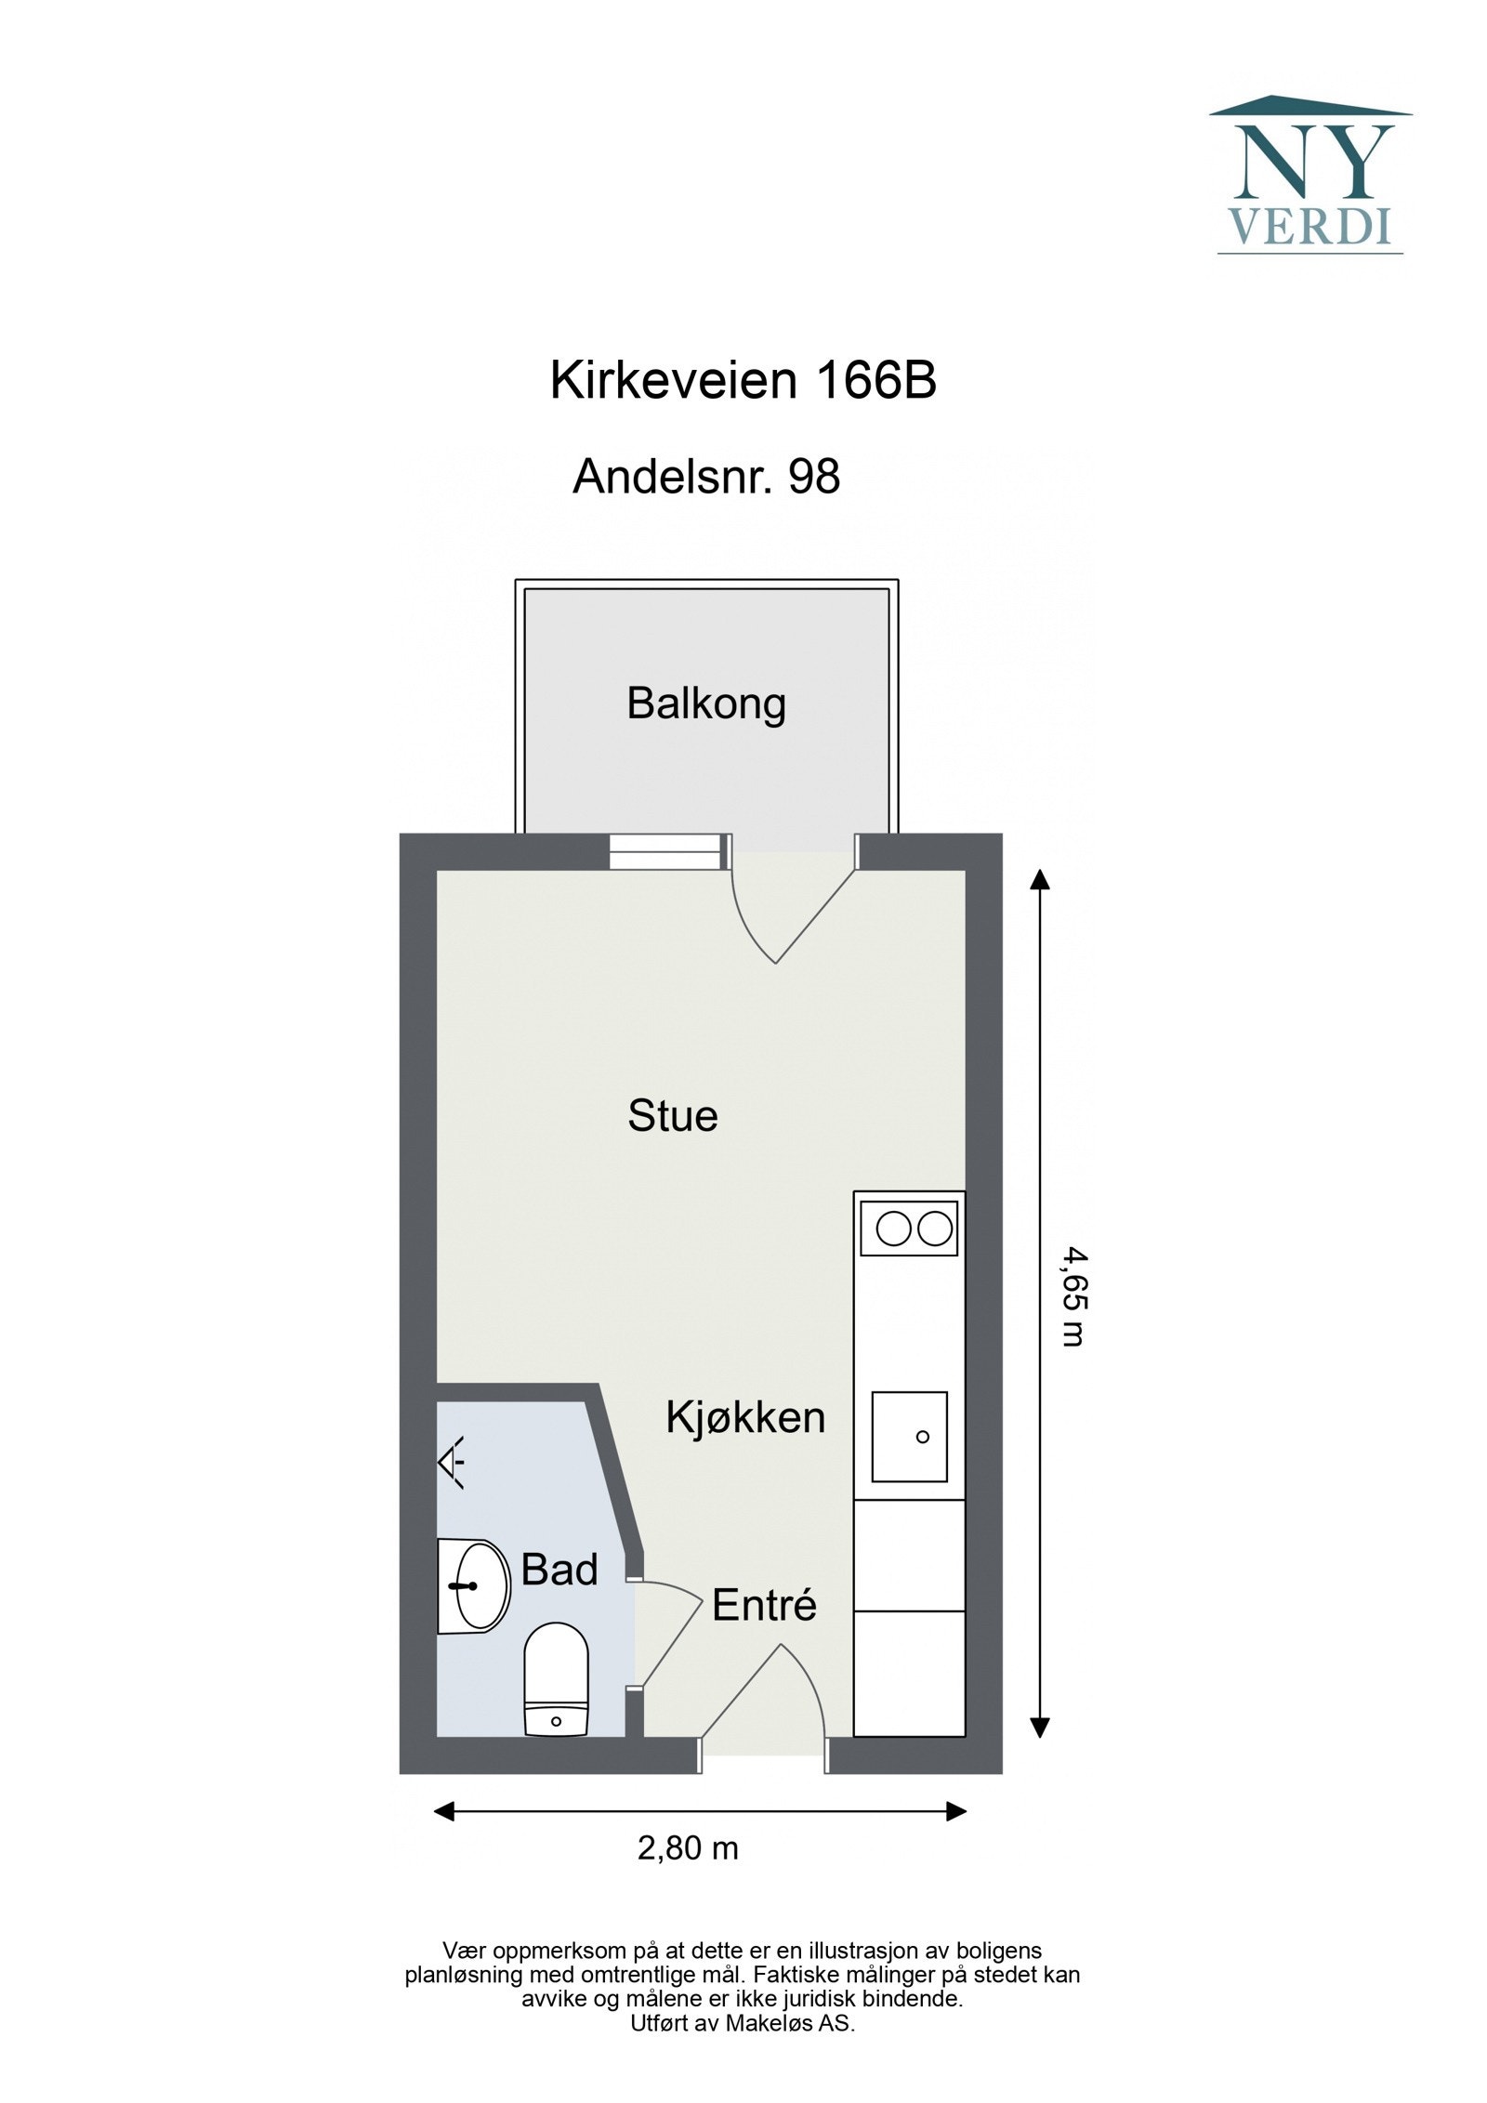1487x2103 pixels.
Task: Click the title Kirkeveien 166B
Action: pyautogui.click(x=743, y=380)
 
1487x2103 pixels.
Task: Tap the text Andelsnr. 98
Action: pyautogui.click(x=706, y=477)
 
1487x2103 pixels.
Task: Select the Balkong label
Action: pyautogui.click(x=706, y=703)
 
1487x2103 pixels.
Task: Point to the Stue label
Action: pyautogui.click(x=673, y=1115)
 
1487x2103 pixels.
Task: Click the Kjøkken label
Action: pyautogui.click(x=745, y=1417)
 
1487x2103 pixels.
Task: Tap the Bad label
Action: pyautogui.click(x=559, y=1570)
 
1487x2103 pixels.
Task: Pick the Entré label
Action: pyautogui.click(x=764, y=1605)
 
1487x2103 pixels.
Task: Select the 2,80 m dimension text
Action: pyautogui.click(x=688, y=1848)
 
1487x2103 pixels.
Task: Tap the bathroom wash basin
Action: pyautogui.click(x=475, y=1585)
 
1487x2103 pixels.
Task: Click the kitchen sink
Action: pyautogui.click(x=909, y=1437)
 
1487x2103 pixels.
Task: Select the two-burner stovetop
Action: pyautogui.click(x=909, y=1229)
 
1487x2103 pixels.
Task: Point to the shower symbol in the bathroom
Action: pyautogui.click(x=453, y=1464)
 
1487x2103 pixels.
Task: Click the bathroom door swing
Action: pyautogui.click(x=667, y=1631)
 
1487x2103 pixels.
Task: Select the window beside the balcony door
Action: pyautogui.click(x=665, y=851)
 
